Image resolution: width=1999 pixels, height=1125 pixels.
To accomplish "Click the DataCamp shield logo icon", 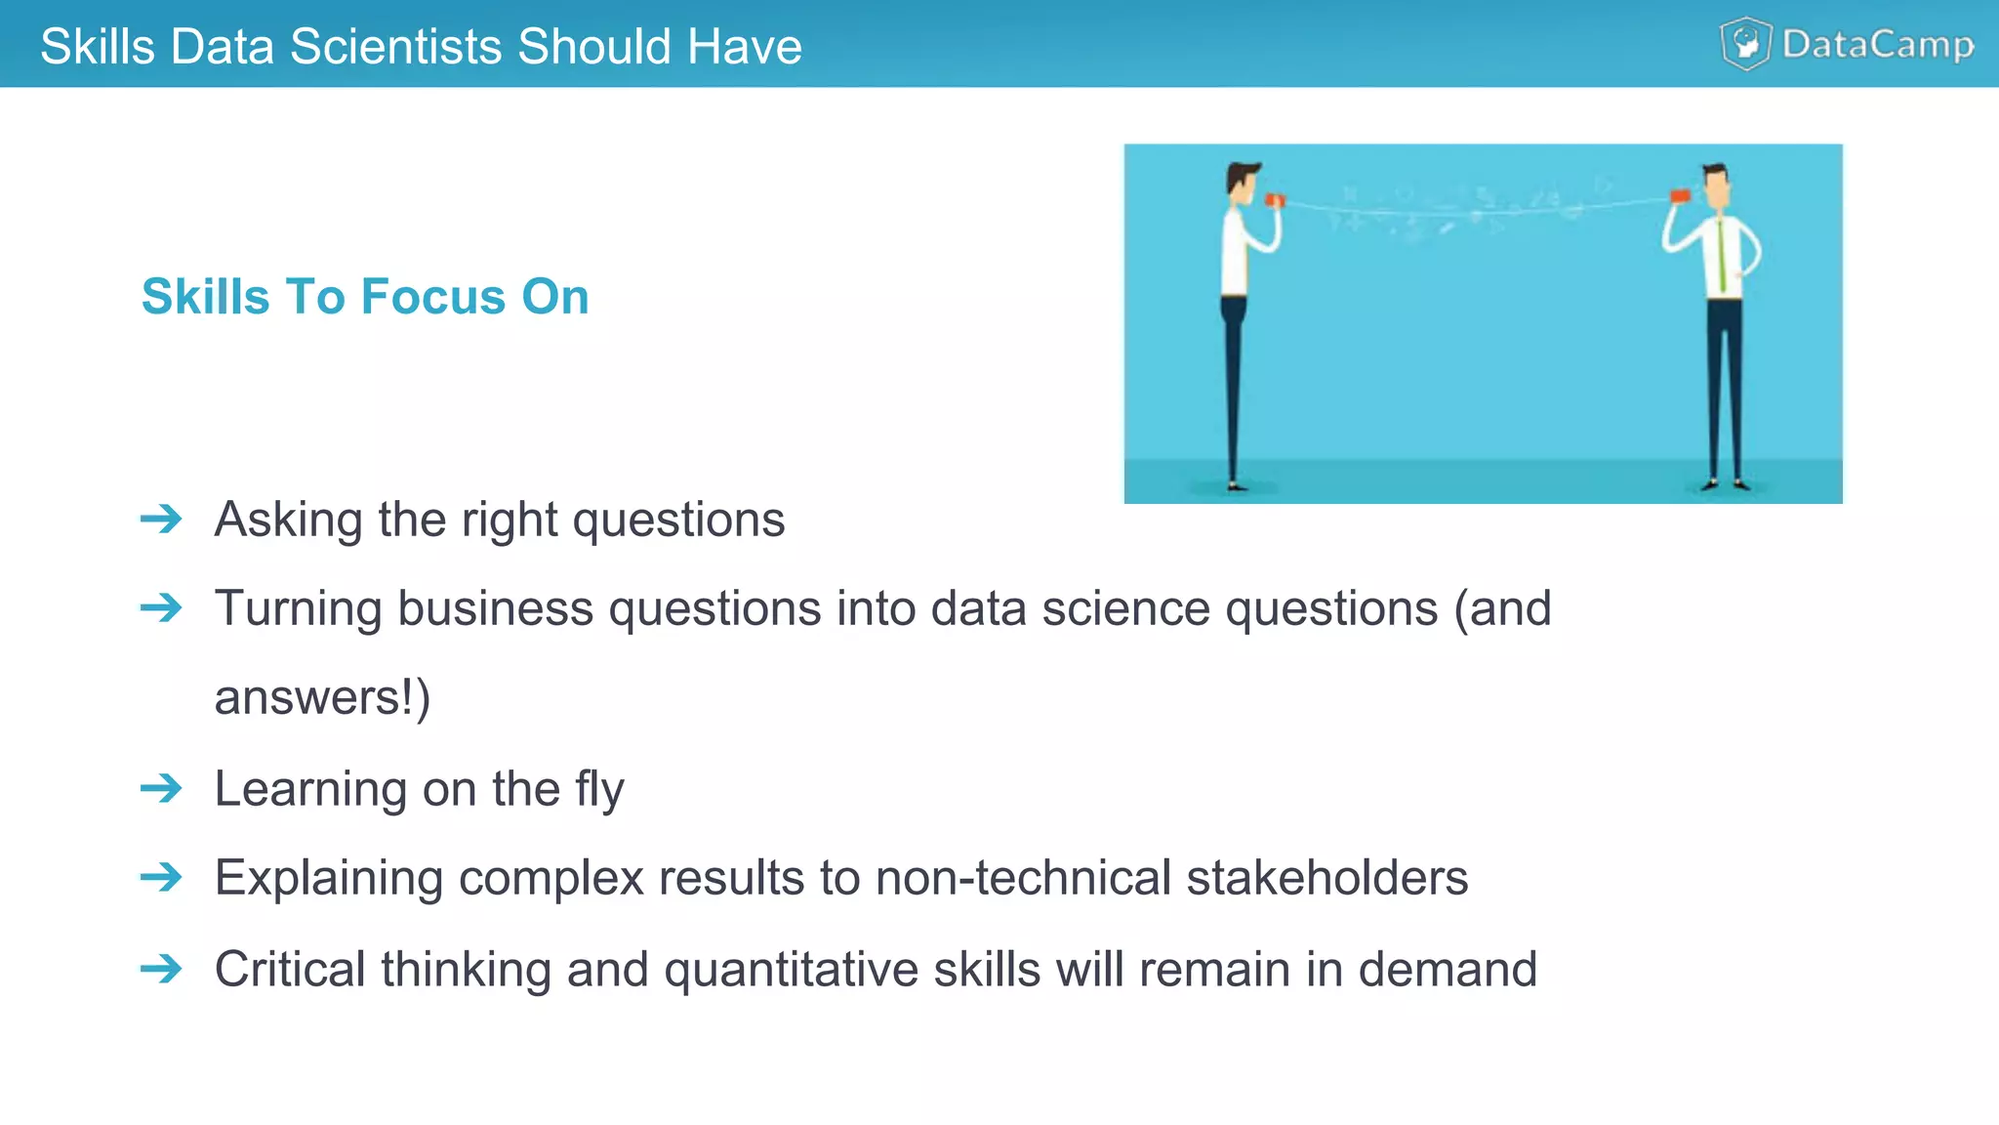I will click(x=1745, y=44).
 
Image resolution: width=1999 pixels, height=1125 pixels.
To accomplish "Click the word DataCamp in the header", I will click(x=1877, y=45).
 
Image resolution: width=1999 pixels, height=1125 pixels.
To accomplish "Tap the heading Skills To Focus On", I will click(x=365, y=296).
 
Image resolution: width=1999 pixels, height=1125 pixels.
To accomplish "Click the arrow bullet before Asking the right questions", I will click(x=161, y=519).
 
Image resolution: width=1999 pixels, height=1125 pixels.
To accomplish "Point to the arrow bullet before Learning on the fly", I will click(x=161, y=787).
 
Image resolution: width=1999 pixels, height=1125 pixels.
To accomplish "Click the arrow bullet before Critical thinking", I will click(x=161, y=969).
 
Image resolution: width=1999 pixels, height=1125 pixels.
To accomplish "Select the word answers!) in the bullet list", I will click(x=322, y=697).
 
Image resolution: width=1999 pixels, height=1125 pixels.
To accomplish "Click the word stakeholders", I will click(x=1326, y=877).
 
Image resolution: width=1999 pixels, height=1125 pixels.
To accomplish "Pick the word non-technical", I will click(x=1022, y=877).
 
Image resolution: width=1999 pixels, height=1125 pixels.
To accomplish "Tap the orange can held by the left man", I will click(x=1275, y=200).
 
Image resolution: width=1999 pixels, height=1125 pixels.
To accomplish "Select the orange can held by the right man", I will click(x=1679, y=196).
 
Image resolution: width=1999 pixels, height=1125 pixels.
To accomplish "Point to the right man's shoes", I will click(x=1726, y=483).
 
